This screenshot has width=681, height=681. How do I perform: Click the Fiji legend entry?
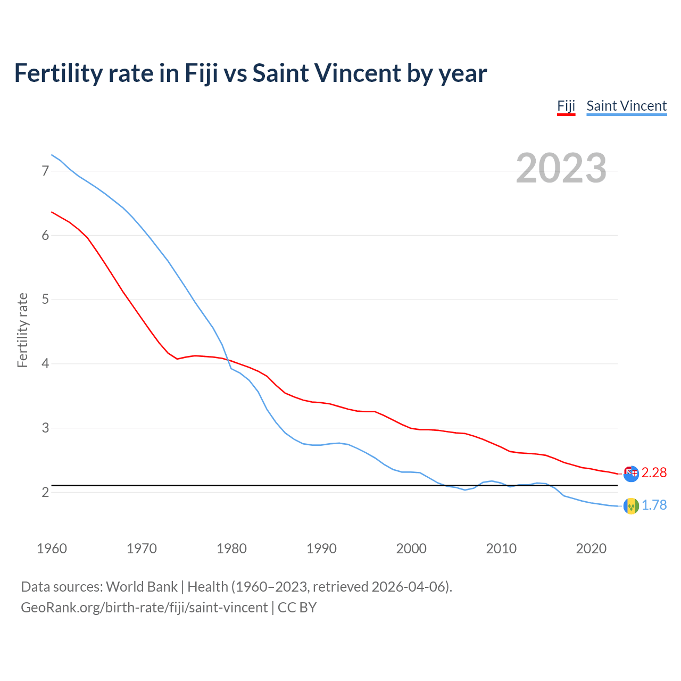coord(566,106)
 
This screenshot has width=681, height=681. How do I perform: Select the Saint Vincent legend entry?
coord(626,106)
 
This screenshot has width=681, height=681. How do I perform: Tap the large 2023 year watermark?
coord(561,168)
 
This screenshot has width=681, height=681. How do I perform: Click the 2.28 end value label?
coord(654,472)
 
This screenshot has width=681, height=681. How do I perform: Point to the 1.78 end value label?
coord(654,505)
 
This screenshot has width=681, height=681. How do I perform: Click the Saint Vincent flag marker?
coord(631,506)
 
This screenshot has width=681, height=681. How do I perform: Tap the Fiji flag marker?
coord(631,474)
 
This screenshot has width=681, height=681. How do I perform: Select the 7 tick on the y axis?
coord(45,171)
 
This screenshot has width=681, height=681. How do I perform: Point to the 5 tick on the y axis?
coord(45,300)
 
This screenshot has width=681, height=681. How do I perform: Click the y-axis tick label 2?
coord(45,492)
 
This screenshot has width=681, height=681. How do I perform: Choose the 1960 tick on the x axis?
coord(52,549)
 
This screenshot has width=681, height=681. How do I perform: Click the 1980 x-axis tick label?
coord(231,549)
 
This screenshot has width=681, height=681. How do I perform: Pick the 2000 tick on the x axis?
coord(411,549)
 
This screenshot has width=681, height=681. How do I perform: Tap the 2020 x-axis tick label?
coord(591,549)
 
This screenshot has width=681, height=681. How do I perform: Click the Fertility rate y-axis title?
coord(22,330)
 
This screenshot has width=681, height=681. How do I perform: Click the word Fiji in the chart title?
coord(201,73)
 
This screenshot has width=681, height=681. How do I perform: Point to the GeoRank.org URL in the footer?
coord(144,607)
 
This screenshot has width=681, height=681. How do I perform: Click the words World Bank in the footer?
coord(142,586)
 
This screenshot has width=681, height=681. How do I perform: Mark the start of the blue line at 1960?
coord(52,155)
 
